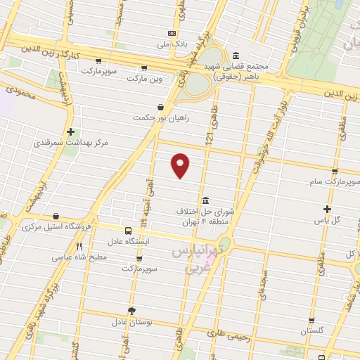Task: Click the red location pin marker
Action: pos(181,164)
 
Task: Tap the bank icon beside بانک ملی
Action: pos(172,34)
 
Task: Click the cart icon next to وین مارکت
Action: pos(144,68)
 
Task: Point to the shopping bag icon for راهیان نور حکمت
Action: pos(161,108)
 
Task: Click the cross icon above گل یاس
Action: pos(327,209)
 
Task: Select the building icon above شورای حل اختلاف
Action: pos(205,200)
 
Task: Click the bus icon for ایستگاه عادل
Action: pos(128,231)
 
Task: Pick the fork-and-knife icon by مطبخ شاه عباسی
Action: pos(79,247)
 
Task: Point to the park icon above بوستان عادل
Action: pos(131,311)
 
